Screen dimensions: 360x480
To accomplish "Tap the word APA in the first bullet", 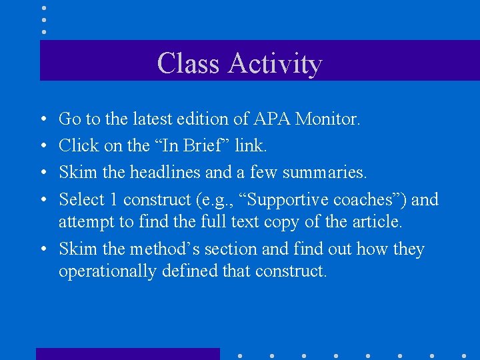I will click(x=271, y=119).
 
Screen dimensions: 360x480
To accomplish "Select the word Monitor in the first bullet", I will click(x=327, y=119).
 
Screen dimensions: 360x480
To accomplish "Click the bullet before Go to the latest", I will click(x=43, y=119).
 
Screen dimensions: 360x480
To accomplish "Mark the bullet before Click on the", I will click(x=43, y=145).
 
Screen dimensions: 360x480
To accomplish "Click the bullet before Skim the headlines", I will click(x=43, y=173).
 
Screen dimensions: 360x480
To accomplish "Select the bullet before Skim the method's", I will click(x=43, y=249).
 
